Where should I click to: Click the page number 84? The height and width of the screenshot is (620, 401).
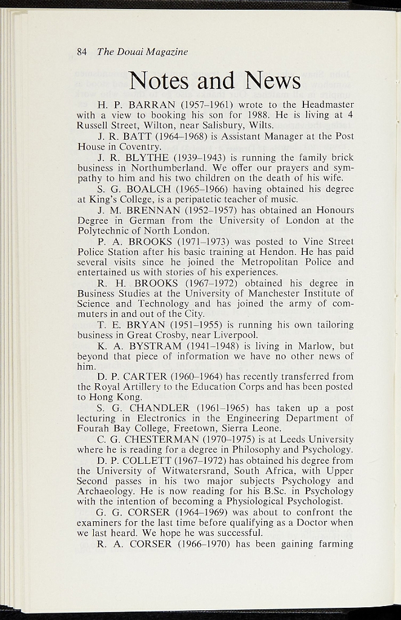(x=82, y=52)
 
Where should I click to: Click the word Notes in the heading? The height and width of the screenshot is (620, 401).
(x=160, y=81)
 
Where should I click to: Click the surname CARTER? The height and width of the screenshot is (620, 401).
(x=149, y=377)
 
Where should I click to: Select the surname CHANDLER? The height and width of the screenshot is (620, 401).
(x=158, y=408)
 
